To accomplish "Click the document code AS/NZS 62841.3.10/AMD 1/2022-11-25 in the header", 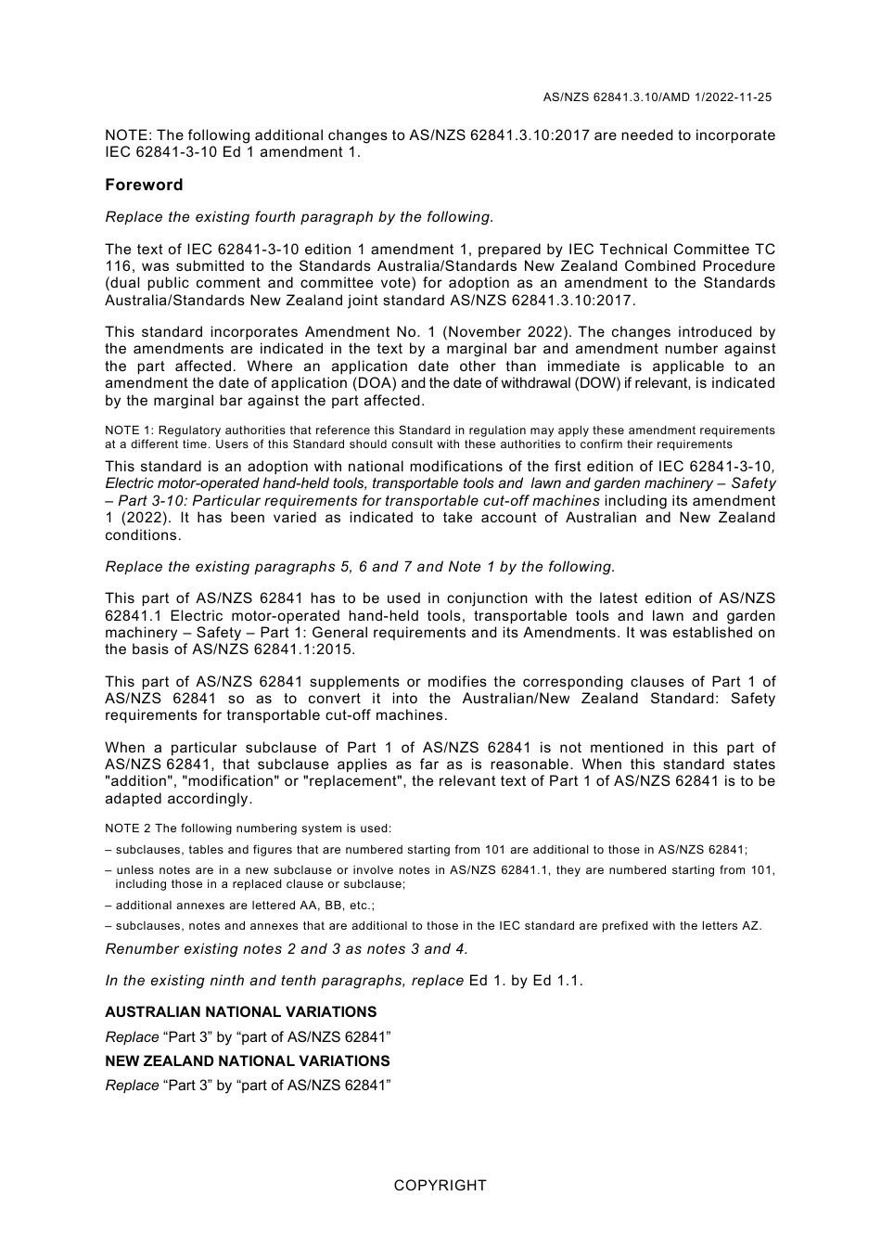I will (658, 96).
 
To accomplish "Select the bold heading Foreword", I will (144, 185).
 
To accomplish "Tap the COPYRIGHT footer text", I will (440, 1185).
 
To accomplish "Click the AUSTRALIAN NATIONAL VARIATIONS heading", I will (241, 1012).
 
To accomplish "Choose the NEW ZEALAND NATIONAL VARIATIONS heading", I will (248, 1061).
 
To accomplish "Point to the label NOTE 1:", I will (129, 431).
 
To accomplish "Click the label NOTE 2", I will (129, 829).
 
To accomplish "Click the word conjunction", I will (474, 598).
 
